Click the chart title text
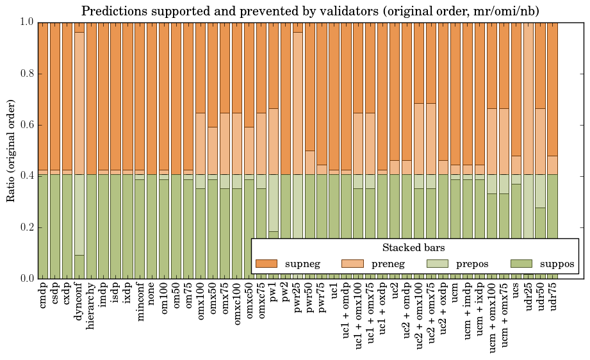click(x=310, y=11)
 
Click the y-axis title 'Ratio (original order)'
click(x=11, y=150)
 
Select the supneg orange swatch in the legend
click(x=266, y=263)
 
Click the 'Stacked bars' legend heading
click(x=414, y=248)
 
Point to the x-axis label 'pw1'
click(x=273, y=292)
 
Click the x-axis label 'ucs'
click(x=516, y=291)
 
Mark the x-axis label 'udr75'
click(x=552, y=297)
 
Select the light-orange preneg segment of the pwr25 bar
click(x=298, y=102)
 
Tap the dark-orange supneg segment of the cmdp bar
click(x=43, y=96)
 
